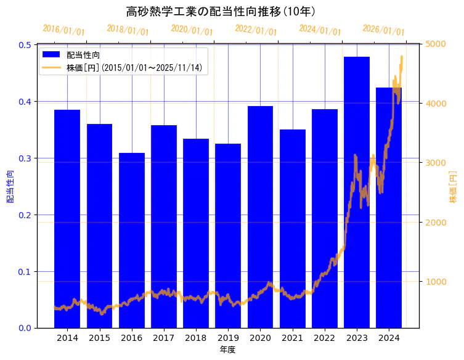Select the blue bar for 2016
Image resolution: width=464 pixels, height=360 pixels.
[132, 240]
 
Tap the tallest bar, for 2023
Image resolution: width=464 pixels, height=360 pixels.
[357, 192]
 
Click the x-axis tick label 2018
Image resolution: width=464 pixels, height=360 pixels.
[196, 338]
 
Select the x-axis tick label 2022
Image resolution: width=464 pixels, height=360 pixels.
[325, 338]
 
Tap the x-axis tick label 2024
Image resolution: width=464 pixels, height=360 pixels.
[389, 338]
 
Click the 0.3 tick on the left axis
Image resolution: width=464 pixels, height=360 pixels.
[26, 158]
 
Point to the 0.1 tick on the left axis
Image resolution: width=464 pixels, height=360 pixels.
[26, 272]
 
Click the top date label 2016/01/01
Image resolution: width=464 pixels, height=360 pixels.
[63, 30]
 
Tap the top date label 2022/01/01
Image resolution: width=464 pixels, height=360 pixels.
[256, 30]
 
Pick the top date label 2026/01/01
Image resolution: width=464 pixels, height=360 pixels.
[383, 30]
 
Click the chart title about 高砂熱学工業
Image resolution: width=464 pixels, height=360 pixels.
[221, 12]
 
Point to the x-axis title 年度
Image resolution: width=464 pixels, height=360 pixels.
[228, 350]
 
